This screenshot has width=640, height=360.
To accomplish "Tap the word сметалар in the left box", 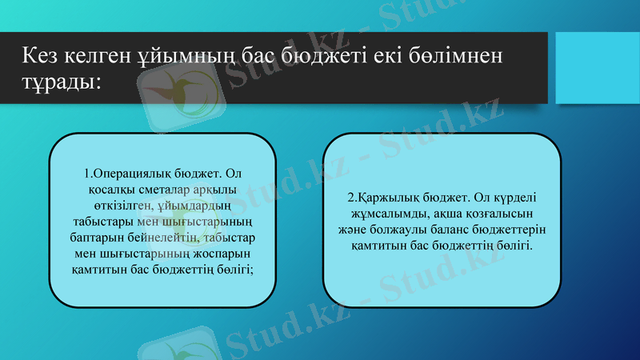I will coord(150,190).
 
